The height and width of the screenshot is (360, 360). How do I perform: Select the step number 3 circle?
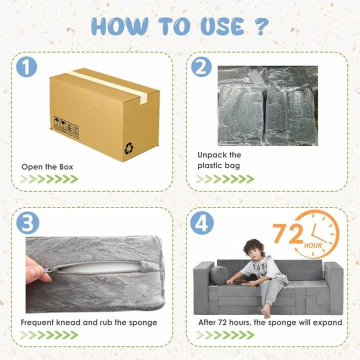(x=27, y=223)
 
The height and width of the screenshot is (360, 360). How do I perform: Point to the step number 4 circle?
(x=200, y=223)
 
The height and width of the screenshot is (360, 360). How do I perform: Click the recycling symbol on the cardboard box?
(x=128, y=148)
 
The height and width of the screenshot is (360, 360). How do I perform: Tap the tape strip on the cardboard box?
(x=107, y=85)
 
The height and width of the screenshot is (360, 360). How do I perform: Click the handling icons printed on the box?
(x=66, y=126)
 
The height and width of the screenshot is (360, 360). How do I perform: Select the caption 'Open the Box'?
(x=47, y=166)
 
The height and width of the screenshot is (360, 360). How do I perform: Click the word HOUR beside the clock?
(x=312, y=246)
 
